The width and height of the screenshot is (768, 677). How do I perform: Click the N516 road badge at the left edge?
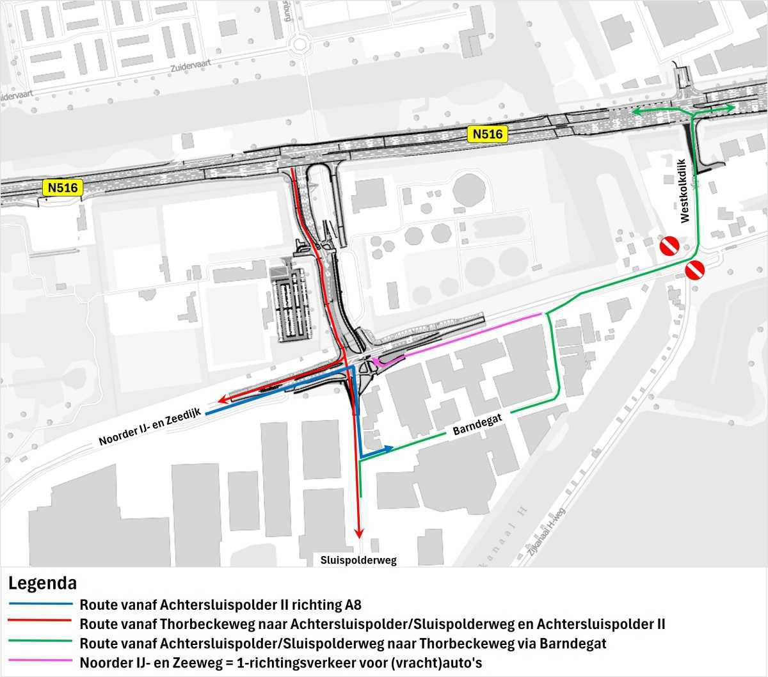(62, 187)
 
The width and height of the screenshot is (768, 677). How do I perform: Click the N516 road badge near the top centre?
(488, 134)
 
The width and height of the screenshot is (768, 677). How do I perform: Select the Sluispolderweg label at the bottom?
(358, 561)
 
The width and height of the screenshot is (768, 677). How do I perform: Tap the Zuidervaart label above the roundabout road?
(191, 66)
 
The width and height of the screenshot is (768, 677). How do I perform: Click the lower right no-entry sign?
(695, 270)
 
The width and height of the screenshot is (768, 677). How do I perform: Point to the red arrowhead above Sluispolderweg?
(359, 532)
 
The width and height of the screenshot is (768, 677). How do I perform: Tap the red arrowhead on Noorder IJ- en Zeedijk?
(220, 400)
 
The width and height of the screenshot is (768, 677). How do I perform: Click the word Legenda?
(42, 584)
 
